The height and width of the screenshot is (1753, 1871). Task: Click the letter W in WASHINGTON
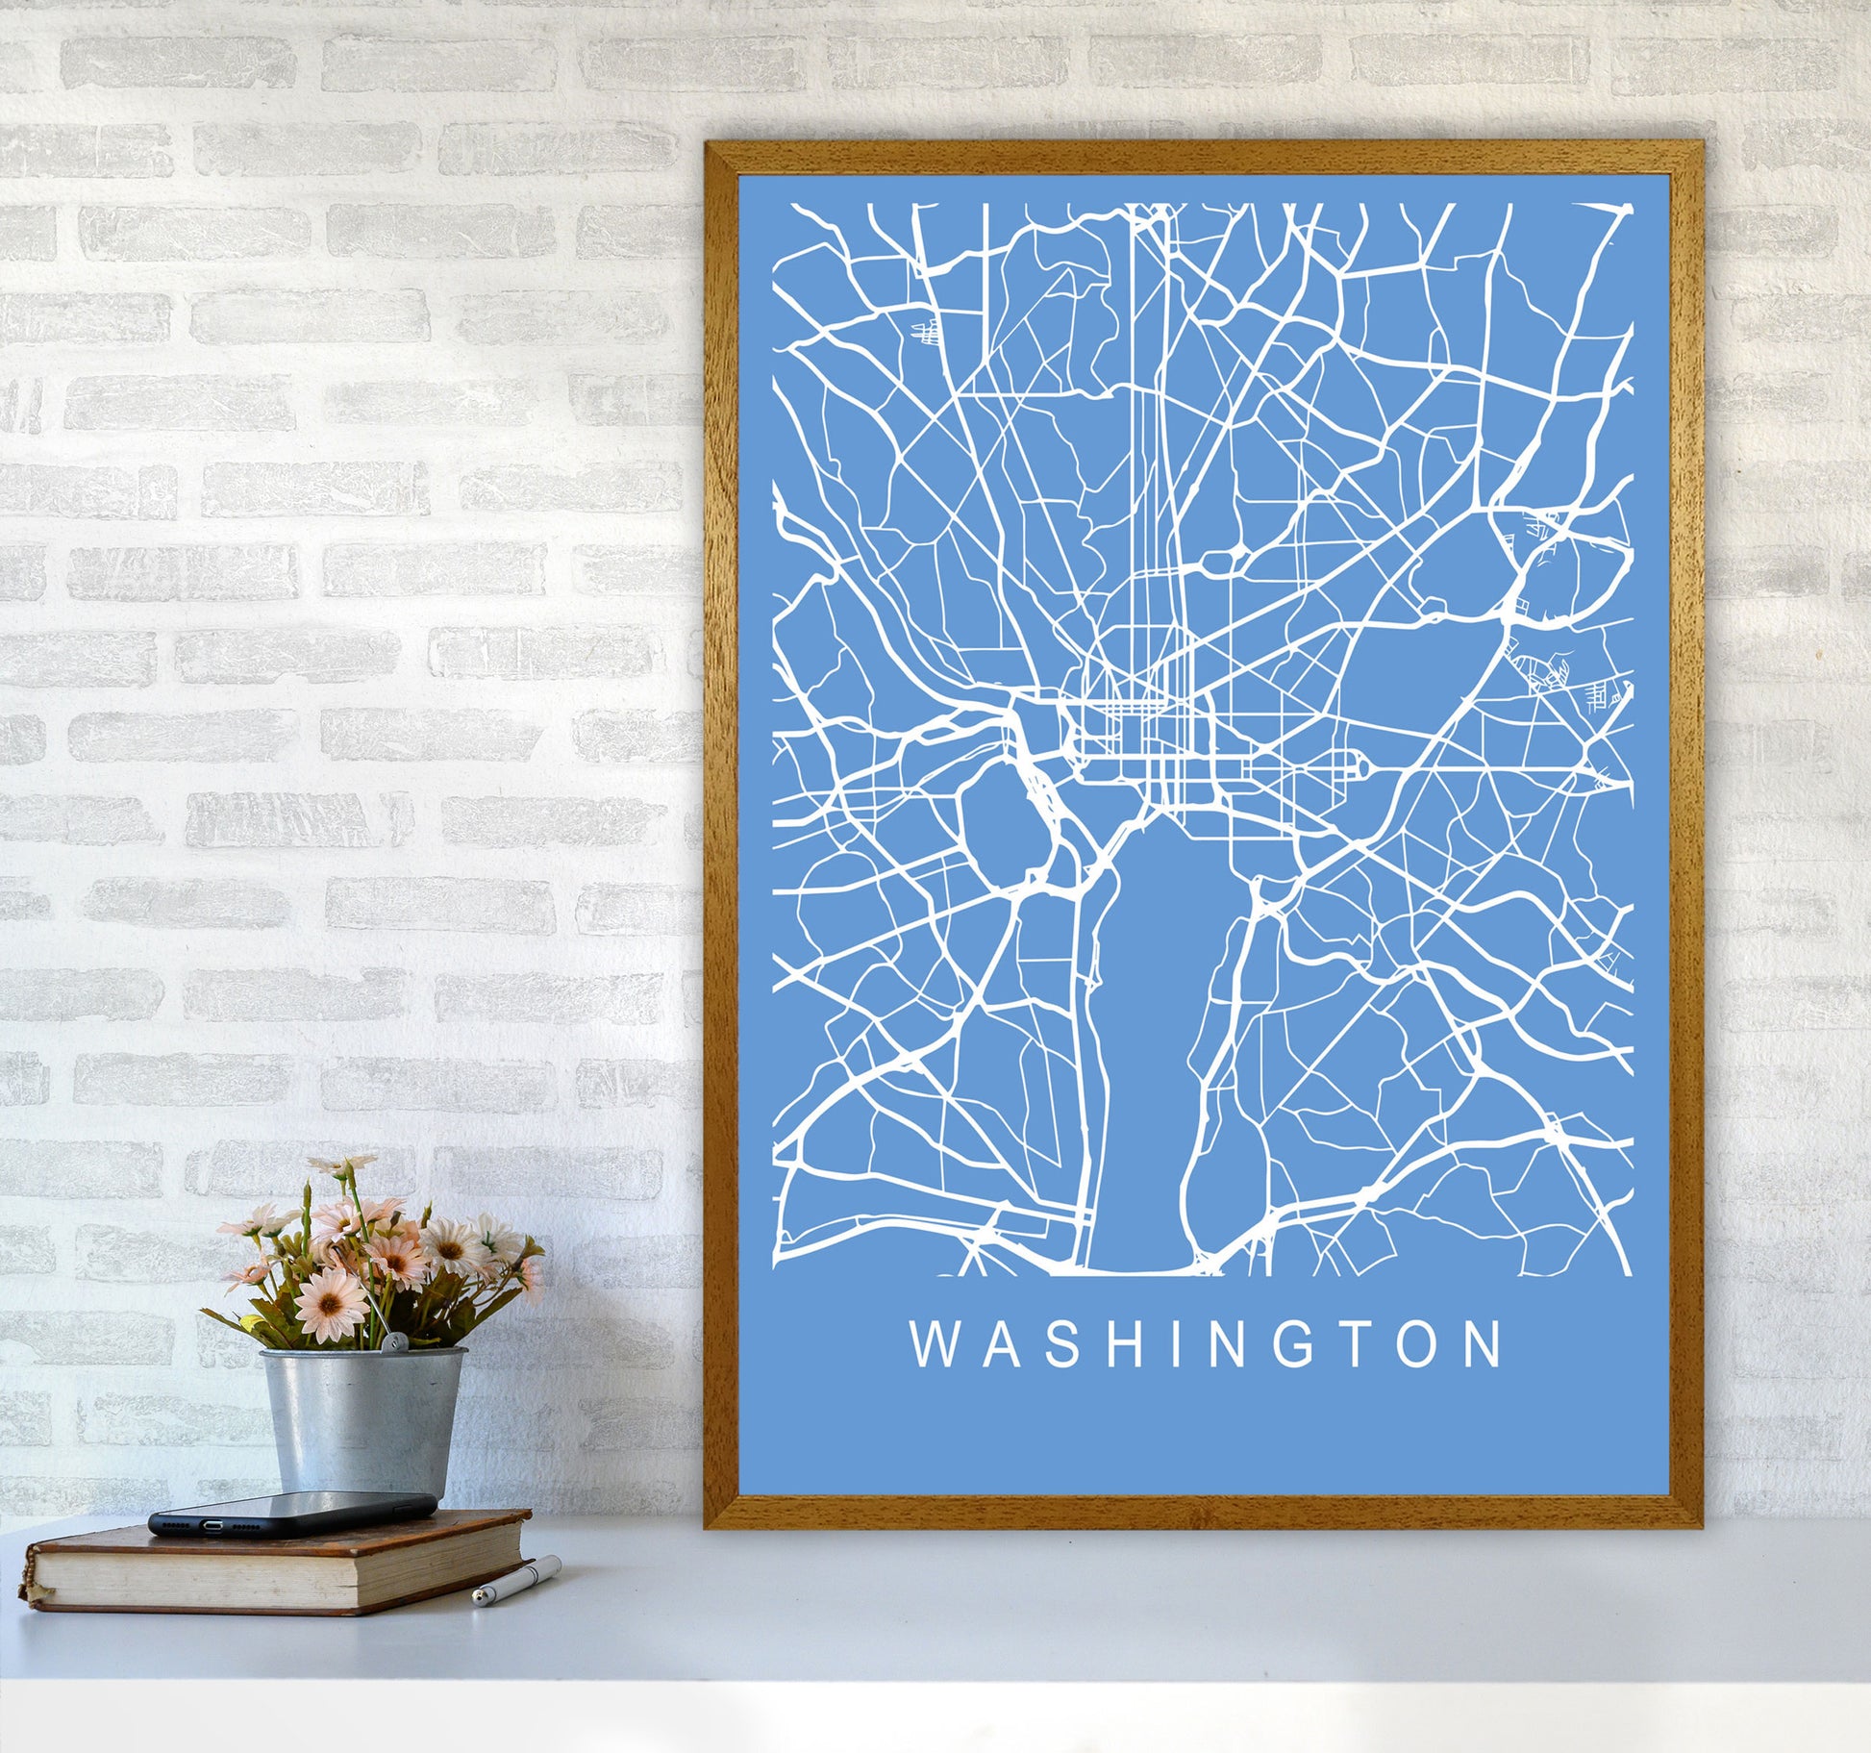point(932,1344)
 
